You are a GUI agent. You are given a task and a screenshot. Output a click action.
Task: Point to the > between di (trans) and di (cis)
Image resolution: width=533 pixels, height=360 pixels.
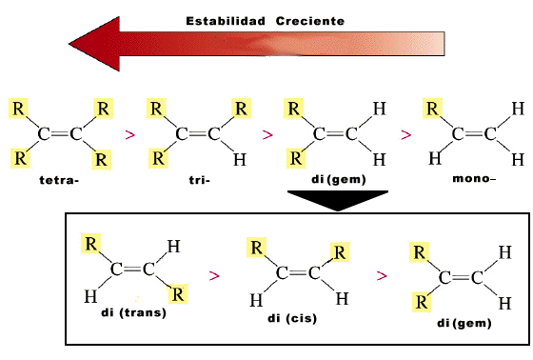(215, 275)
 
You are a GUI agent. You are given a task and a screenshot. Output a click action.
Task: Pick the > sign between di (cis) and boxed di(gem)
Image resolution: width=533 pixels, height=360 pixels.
(382, 275)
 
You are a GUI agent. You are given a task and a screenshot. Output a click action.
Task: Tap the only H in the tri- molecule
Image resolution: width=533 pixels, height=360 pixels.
(241, 157)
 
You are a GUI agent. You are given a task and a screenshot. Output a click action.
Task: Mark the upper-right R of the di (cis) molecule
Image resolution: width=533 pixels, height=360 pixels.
(338, 252)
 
